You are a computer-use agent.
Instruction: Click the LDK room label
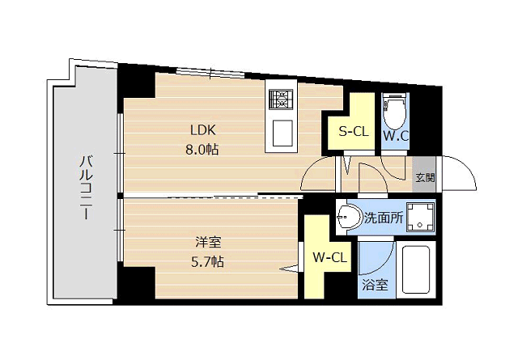[203, 130]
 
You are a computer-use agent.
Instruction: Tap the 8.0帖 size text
[202, 150]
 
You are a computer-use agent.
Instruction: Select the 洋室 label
[208, 243]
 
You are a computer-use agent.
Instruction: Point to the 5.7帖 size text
[207, 262]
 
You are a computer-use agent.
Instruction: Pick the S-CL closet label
[354, 132]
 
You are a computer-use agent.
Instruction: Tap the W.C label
[396, 135]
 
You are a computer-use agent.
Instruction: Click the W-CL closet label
[329, 257]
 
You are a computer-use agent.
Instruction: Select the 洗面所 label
[384, 218]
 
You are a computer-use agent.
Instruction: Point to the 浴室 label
[375, 285]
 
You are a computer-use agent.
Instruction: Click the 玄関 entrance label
[424, 178]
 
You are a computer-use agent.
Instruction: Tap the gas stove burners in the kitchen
[281, 99]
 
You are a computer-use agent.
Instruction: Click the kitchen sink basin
[282, 133]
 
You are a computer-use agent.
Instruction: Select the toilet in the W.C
[395, 112]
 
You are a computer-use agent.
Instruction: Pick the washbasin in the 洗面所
[349, 217]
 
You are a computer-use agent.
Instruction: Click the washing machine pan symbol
[420, 217]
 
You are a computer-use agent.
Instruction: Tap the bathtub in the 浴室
[415, 269]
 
